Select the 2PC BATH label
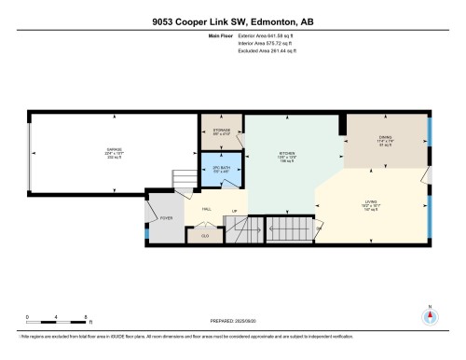pos(221,170)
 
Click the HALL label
pos(207,211)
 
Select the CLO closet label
pos(205,236)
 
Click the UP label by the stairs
pos(234,211)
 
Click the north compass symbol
pos(430,314)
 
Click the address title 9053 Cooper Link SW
pos(233,19)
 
